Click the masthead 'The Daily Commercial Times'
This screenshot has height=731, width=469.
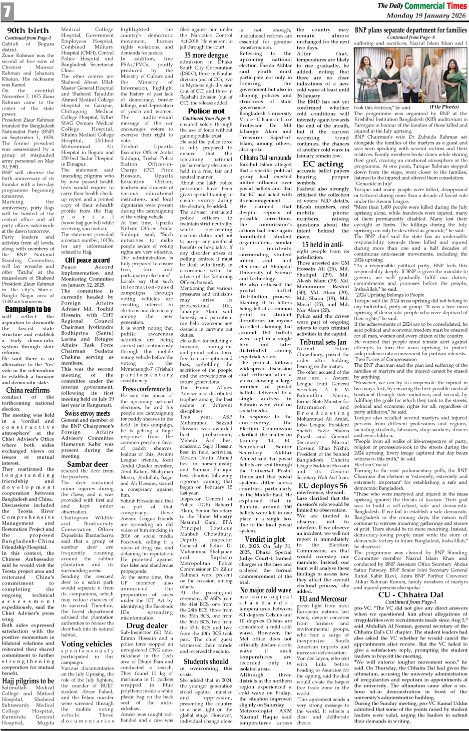421,6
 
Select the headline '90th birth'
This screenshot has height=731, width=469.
28,31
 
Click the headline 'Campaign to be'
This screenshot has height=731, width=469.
28,309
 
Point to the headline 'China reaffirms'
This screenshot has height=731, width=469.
28,390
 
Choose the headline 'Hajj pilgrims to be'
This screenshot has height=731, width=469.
28,681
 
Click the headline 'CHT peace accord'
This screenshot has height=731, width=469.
87,260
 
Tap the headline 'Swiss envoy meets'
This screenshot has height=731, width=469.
87,413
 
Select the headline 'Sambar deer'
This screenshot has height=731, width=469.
87,464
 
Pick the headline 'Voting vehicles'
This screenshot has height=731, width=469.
87,644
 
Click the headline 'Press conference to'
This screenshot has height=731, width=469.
147,388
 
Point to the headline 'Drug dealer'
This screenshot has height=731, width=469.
147,625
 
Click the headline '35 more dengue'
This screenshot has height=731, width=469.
206,55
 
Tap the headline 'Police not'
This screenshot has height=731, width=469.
206,111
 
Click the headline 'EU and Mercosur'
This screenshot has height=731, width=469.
323,598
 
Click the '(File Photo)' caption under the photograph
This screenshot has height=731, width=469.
443,107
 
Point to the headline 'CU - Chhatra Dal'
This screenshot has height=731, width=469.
410,594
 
